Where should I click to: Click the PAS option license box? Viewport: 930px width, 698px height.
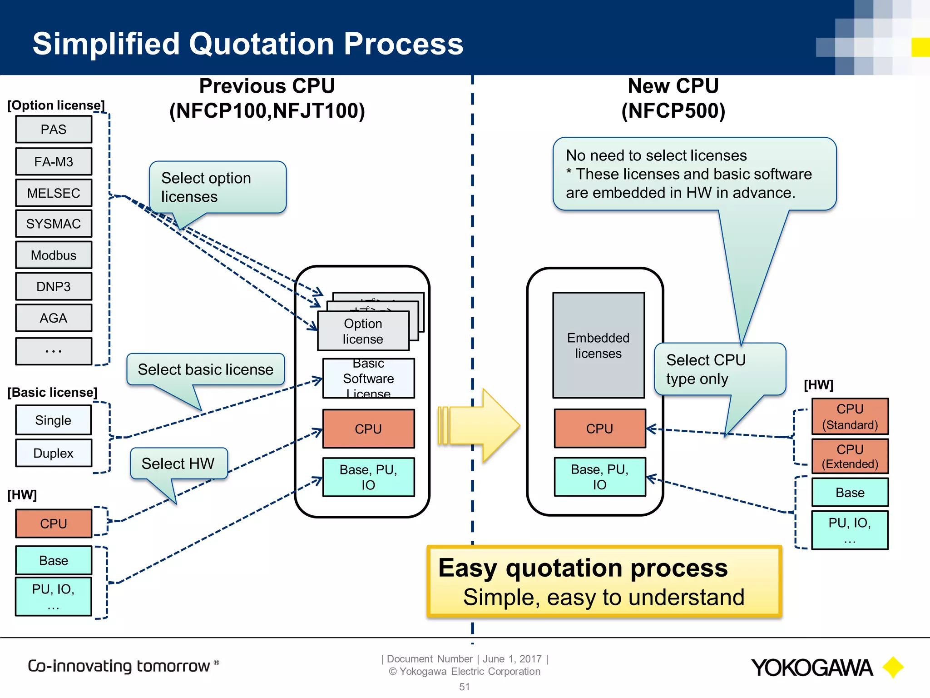54,130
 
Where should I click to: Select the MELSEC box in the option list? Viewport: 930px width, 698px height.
54,193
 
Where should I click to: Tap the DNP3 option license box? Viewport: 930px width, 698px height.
54,287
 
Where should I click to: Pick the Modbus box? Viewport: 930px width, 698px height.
54,255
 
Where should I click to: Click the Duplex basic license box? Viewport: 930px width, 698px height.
54,453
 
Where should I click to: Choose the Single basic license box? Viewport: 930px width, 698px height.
54,420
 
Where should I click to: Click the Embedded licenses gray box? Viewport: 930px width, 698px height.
599,345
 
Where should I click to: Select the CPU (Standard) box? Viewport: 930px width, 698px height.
850,417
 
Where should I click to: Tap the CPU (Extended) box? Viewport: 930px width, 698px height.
850,456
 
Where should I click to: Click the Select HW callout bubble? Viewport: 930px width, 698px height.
178,464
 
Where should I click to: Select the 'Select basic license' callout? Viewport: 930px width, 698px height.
206,369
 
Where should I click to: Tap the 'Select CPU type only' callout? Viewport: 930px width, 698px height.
719,369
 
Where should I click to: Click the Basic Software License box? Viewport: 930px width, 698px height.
368,379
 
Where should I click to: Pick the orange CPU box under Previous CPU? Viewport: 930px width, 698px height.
368,429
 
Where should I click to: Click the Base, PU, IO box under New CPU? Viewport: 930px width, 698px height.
599,477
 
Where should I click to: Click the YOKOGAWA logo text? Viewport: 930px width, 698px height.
811,668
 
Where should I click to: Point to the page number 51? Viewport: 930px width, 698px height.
464,687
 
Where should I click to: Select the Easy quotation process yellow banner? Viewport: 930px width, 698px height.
604,582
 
